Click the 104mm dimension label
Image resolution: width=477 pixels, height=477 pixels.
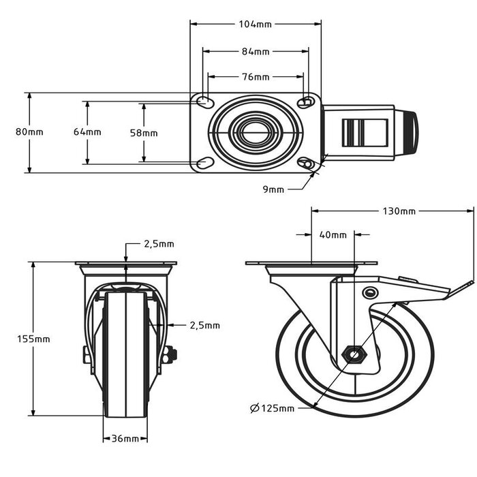[x=256, y=24]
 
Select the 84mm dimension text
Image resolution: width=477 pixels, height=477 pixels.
[x=256, y=51]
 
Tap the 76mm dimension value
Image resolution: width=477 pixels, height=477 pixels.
[x=256, y=76]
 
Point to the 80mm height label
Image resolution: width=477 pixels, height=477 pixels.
[x=29, y=132]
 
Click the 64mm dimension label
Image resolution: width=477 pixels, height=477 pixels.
[x=87, y=132]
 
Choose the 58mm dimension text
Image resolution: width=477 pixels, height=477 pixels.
[x=144, y=133]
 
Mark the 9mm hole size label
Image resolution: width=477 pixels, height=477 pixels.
[x=273, y=189]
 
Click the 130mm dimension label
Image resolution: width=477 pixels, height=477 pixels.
[x=399, y=211]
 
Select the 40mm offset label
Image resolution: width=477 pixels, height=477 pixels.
[x=333, y=235]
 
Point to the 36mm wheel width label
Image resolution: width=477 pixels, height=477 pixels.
[x=125, y=438]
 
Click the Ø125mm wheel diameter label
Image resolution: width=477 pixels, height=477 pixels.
[x=272, y=408]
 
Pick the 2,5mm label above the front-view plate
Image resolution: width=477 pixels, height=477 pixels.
[x=158, y=243]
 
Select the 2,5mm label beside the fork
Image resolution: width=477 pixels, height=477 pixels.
[x=204, y=326]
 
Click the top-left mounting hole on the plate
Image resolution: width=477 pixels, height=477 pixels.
[x=204, y=102]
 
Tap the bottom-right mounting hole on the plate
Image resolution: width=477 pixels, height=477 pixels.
[x=307, y=164]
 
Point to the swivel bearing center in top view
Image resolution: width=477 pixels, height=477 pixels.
[x=255, y=132]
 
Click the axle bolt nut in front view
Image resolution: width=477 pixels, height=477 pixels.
[x=170, y=353]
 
